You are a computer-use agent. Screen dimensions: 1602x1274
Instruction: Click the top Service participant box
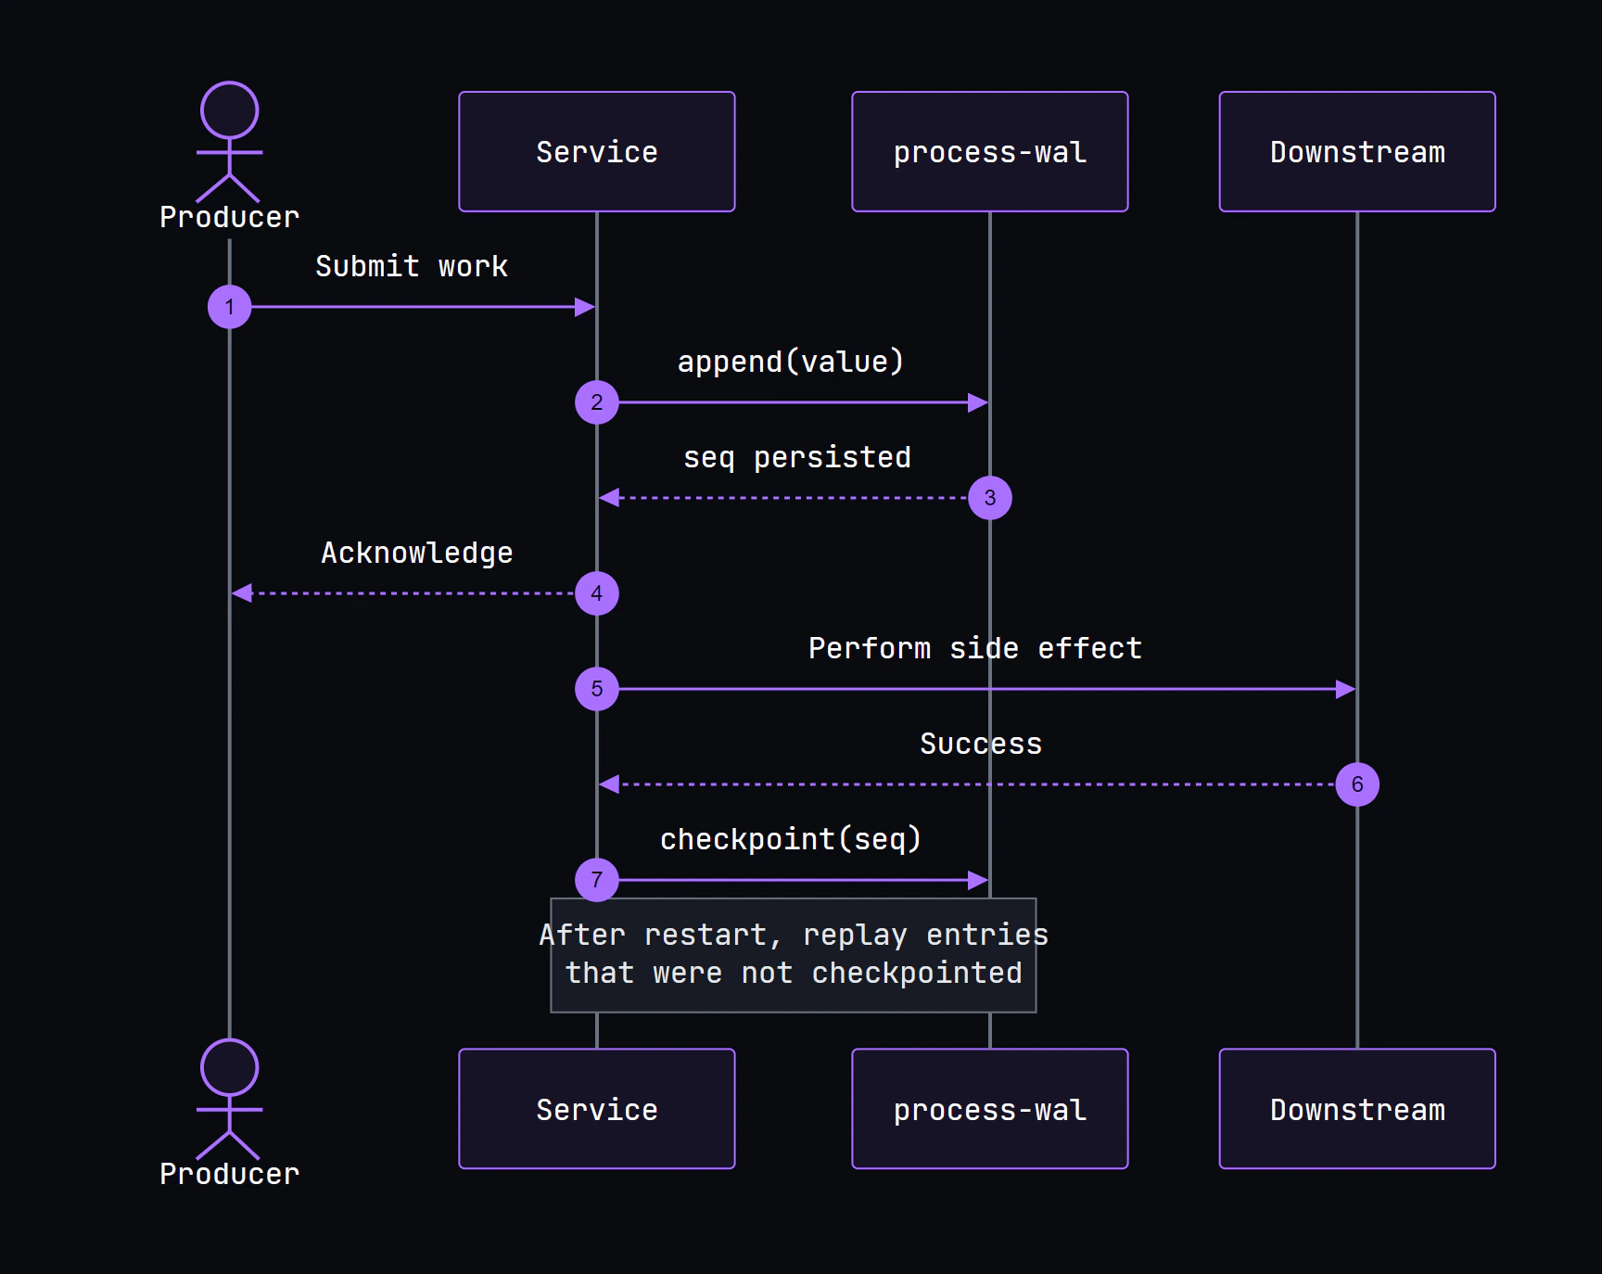point(597,151)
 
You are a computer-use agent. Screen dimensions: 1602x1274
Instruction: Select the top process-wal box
point(990,151)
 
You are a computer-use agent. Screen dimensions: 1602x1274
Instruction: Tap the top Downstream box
point(1357,151)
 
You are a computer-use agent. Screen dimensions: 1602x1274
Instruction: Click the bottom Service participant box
point(597,1109)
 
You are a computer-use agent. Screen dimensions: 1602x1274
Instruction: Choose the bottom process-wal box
point(990,1109)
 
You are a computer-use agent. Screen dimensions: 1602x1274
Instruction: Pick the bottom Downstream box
point(1357,1109)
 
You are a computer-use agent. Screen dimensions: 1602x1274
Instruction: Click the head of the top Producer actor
point(230,110)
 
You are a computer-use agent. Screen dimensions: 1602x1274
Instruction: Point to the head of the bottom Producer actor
point(230,1067)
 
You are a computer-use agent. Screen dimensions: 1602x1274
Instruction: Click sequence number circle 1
point(230,307)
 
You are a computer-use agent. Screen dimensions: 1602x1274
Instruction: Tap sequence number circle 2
point(597,402)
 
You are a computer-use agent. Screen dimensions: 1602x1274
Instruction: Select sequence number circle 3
point(990,498)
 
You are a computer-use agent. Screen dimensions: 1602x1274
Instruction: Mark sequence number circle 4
point(597,593)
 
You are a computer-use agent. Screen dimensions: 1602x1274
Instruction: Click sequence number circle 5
point(597,689)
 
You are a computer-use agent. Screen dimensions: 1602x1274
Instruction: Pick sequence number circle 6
point(1357,784)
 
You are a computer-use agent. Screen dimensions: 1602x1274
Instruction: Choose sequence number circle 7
point(597,880)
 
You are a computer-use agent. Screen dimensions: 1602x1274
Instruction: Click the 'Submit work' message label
point(412,266)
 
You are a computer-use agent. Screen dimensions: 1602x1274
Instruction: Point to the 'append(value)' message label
point(791,362)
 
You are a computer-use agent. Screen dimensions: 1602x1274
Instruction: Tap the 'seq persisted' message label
point(797,457)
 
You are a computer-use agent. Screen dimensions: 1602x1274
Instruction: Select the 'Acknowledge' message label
point(417,553)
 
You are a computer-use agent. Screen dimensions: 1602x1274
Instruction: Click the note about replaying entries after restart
point(794,955)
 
